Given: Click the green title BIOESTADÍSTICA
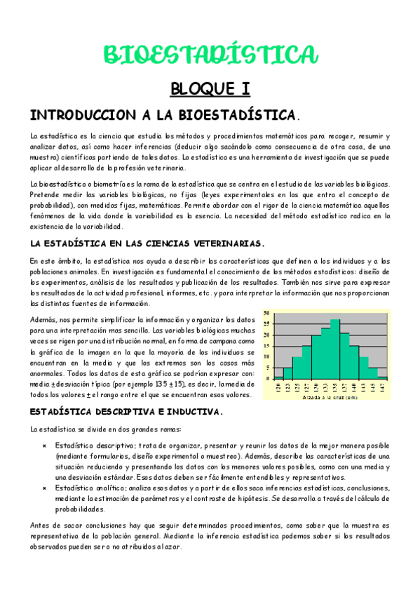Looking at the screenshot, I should pyautogui.click(x=210, y=54).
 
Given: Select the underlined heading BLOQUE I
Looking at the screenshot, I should pyautogui.click(x=210, y=88).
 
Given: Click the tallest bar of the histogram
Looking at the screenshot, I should pyautogui.click(x=335, y=349).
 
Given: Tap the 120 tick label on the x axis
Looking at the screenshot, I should pyautogui.click(x=278, y=387).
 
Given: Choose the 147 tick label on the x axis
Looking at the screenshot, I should pyautogui.click(x=382, y=387).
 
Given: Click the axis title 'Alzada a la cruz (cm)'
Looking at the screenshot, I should pyautogui.click(x=330, y=397).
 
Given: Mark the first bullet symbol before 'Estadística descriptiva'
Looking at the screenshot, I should pyautogui.click(x=44, y=446).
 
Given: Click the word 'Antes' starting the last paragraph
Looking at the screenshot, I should pyautogui.click(x=40, y=525).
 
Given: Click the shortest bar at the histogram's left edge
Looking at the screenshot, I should pyautogui.click(x=278, y=377).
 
